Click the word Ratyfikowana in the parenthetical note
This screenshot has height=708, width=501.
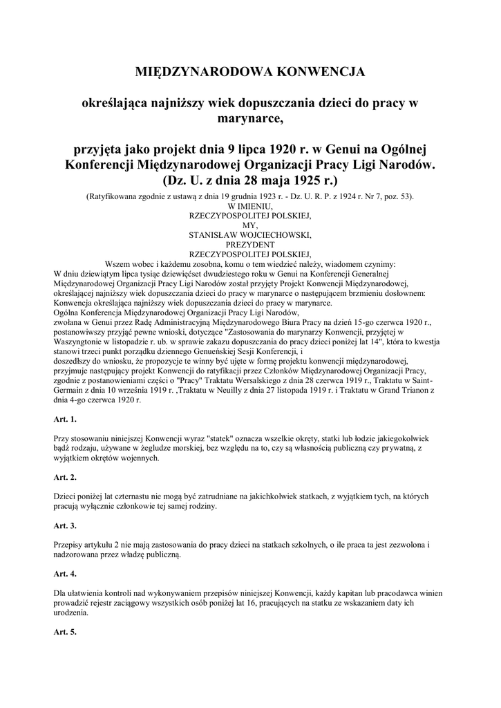117,196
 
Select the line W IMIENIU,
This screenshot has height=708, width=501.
250,206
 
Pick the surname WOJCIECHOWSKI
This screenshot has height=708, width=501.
275,234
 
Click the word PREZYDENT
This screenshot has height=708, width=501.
250,244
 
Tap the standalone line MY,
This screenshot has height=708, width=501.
250,225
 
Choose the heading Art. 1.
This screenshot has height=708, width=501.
64,419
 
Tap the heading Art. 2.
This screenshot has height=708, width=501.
64,477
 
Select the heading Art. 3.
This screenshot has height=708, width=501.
64,525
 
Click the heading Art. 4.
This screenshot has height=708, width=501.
64,574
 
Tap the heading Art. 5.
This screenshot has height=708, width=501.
64,632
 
